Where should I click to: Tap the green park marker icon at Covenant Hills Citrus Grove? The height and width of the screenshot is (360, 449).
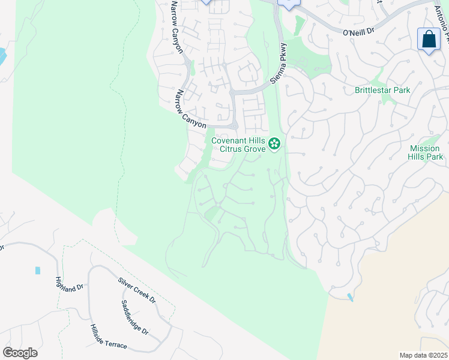(274, 143)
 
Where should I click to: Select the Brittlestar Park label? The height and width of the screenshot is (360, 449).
(382, 91)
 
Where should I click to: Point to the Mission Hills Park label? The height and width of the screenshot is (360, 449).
(426, 152)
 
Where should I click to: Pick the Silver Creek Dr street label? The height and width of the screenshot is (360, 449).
(137, 290)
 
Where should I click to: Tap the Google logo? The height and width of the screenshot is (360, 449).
(20, 353)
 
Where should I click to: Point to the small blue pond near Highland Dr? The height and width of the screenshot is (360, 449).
(38, 271)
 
